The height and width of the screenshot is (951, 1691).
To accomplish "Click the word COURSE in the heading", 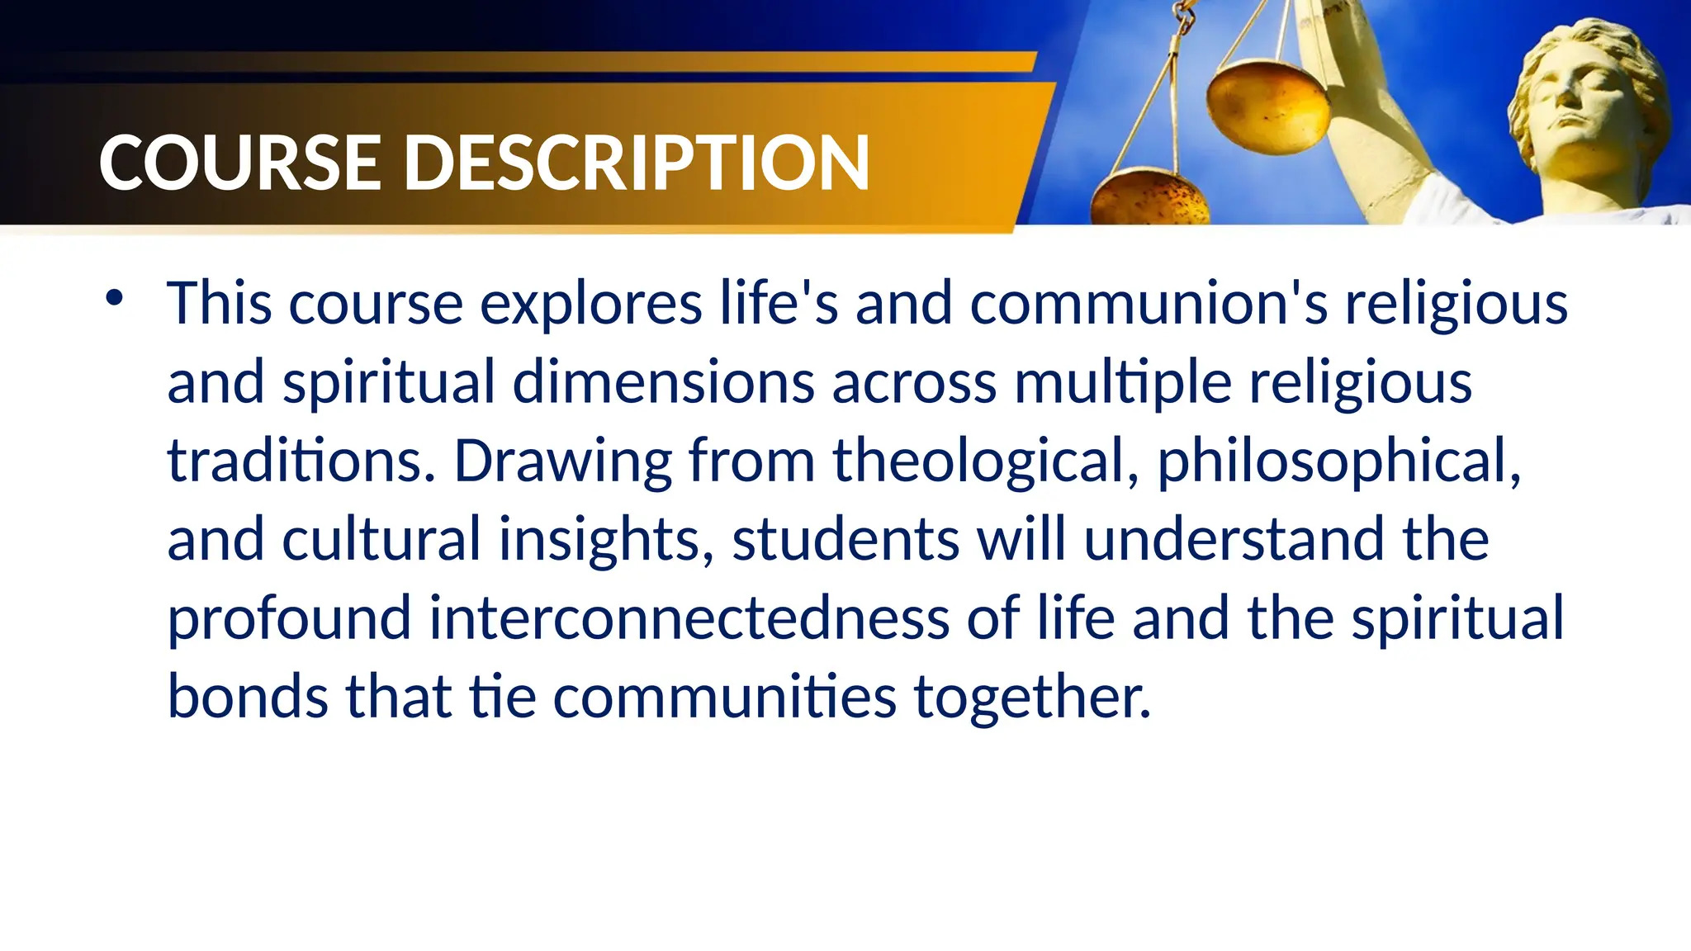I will (239, 163).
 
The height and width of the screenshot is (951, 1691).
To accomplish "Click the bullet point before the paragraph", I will (114, 298).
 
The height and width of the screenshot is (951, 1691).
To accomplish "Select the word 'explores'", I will (591, 304).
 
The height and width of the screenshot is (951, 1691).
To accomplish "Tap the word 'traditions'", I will (301, 461).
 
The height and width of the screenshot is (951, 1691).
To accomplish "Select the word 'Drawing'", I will (563, 461).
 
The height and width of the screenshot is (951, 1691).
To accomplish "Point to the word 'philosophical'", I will (1338, 461).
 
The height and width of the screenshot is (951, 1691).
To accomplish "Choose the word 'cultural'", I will (381, 539).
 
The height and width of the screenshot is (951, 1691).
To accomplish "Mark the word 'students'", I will (845, 539).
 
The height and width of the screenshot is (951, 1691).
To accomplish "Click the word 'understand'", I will (1234, 539).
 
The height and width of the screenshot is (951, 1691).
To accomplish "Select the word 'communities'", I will (724, 696).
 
